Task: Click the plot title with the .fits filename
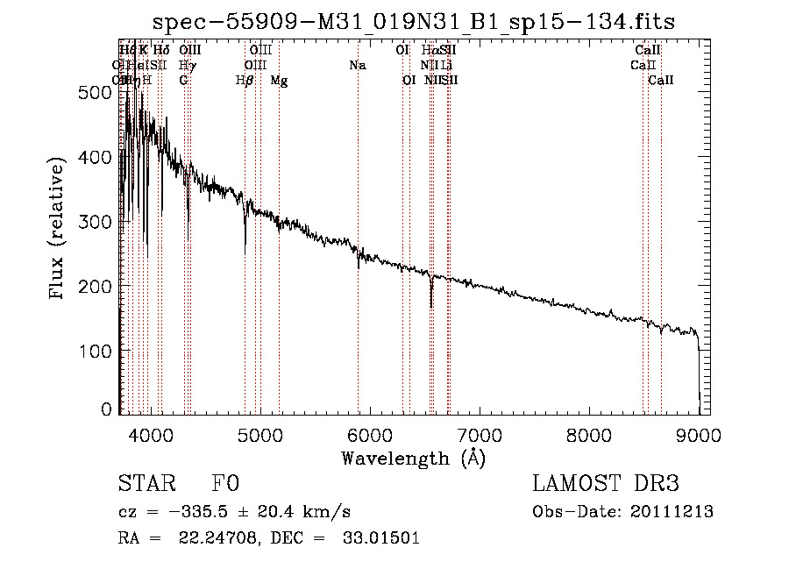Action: (414, 22)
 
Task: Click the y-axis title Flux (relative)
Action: (58, 230)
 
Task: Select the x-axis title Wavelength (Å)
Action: (413, 458)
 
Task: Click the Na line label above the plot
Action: (357, 66)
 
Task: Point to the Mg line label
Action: (279, 81)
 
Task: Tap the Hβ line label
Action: (245, 81)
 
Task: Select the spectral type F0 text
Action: (225, 484)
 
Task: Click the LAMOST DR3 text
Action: (605, 484)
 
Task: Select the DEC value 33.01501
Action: (380, 538)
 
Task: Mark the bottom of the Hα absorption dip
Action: (430, 307)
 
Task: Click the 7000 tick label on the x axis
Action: (480, 433)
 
